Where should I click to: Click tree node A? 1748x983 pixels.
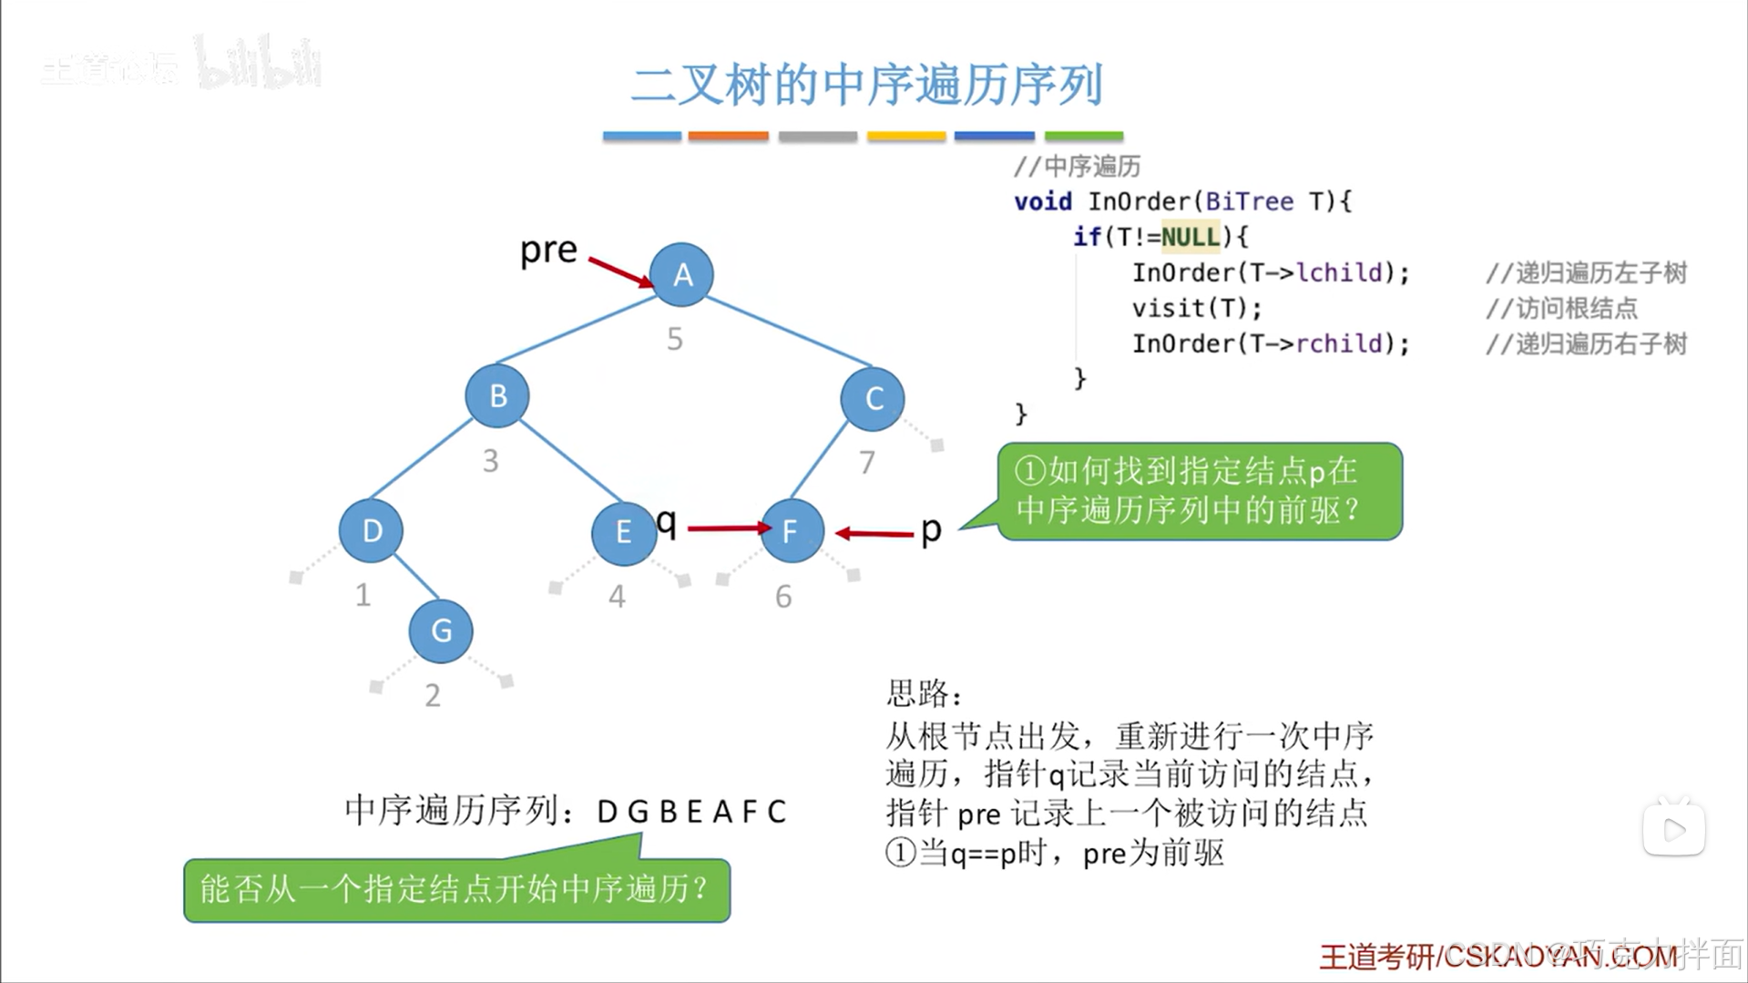pos(681,274)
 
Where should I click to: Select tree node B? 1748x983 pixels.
pos(497,395)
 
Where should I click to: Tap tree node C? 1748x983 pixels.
pos(873,398)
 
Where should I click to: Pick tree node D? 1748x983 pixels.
pos(371,530)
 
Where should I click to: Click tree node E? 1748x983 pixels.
pos(623,531)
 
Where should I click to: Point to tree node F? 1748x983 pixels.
pos(790,530)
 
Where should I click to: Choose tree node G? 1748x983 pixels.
pos(441,630)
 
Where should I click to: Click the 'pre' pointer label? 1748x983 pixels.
pos(548,249)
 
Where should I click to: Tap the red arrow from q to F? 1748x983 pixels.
pos(728,527)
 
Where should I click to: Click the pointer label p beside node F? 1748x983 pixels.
pos(930,528)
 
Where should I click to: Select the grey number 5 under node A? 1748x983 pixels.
pos(674,339)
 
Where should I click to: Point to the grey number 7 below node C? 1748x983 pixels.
pos(866,462)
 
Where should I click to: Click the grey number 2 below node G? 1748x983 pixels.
pos(433,695)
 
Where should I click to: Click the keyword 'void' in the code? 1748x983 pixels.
pos(1043,201)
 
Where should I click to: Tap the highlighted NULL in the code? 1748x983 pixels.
pos(1190,237)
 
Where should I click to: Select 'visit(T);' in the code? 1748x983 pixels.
pos(1197,308)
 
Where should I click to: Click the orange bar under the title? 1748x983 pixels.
pos(728,137)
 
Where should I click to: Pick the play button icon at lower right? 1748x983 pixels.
pos(1673,829)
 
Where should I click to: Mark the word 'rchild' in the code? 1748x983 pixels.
pos(1339,343)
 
